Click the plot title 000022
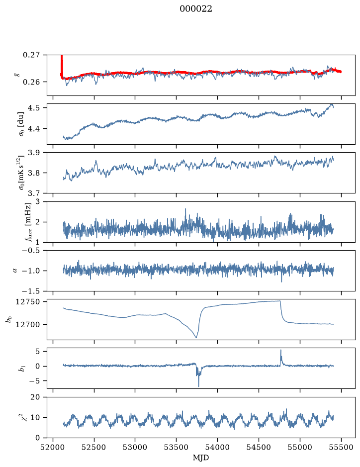[195, 9]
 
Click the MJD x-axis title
[201, 458]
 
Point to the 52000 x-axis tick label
[53, 447]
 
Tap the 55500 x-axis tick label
[341, 447]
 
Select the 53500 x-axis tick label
[177, 447]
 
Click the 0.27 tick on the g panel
[31, 55]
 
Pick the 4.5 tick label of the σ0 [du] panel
[34, 107]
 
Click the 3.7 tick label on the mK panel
[34, 193]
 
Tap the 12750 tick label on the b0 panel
[27, 302]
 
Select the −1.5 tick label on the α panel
[31, 291]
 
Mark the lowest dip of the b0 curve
[196, 337]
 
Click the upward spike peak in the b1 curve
[280, 350]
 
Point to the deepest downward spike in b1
[198, 386]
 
